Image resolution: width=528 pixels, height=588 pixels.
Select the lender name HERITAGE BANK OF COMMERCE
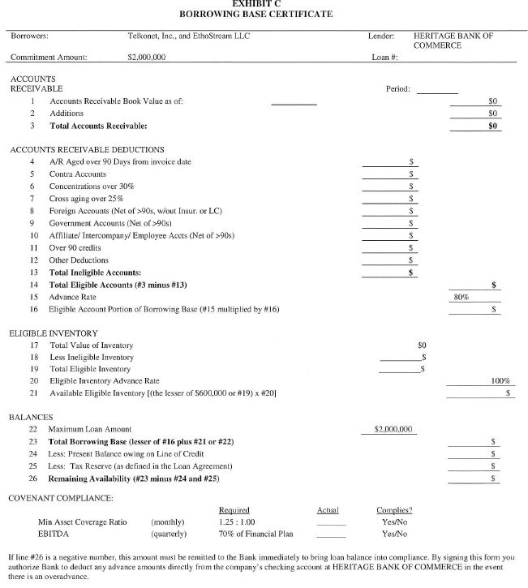coord(453,41)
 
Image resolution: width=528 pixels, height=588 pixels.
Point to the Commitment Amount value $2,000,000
coord(147,57)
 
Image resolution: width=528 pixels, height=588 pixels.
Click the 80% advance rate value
coord(461,298)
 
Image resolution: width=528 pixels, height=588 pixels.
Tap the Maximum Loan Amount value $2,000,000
coord(393,429)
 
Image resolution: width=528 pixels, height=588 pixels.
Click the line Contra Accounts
coord(78,174)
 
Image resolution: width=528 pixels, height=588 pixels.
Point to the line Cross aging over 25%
coord(87,199)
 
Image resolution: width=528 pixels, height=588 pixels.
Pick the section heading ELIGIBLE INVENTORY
coord(54,333)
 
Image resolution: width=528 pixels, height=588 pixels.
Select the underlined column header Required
coord(234,510)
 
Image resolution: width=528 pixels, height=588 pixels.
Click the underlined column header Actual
coord(328,510)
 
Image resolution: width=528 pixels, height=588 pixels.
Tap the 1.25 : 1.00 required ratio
coord(237,522)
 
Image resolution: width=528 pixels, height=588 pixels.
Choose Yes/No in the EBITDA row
coord(394,534)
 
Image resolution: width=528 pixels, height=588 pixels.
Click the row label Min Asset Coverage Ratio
coord(82,522)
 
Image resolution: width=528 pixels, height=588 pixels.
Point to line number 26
coord(33,479)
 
